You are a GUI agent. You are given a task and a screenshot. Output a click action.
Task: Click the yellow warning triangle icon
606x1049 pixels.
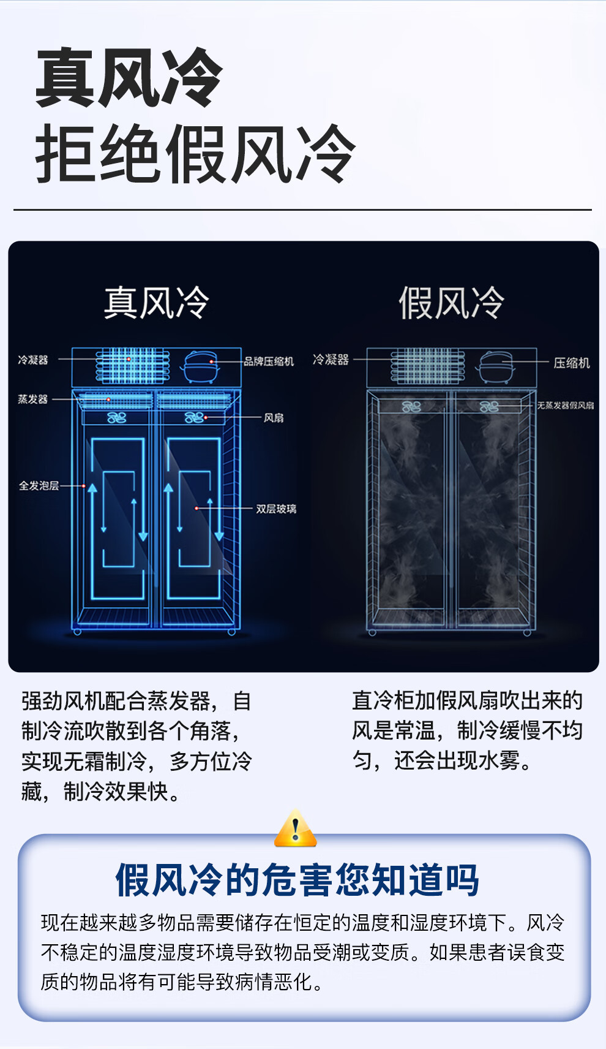[296, 830]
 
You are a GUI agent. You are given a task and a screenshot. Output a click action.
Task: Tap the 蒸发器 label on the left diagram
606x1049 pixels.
[32, 400]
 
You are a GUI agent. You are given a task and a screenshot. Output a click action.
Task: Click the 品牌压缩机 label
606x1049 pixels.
[269, 362]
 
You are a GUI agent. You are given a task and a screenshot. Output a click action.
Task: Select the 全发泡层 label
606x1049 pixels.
[39, 486]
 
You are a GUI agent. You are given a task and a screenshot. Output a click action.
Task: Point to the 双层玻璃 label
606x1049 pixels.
[276, 509]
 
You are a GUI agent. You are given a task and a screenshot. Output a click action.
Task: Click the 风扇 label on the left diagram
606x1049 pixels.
[274, 418]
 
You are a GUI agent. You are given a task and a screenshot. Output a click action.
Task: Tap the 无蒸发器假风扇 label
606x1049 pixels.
[565, 406]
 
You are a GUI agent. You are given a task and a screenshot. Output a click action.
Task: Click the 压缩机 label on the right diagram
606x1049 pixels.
[572, 363]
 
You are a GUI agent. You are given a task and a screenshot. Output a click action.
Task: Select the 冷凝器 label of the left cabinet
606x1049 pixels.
[32, 360]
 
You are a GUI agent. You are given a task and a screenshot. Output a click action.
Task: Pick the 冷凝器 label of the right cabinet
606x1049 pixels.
[331, 360]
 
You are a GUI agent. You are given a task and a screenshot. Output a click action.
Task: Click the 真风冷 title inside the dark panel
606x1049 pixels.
[156, 303]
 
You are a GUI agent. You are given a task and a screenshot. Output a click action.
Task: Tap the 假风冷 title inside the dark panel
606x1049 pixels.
[451, 303]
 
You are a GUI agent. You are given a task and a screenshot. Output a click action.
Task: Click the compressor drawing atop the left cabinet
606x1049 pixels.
[201, 366]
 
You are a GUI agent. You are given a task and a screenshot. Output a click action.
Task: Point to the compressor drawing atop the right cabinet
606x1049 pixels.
[496, 366]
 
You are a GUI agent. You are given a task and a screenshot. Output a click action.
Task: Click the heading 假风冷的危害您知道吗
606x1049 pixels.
[297, 880]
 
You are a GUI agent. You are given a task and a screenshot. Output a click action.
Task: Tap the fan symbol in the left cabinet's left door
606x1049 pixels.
[116, 418]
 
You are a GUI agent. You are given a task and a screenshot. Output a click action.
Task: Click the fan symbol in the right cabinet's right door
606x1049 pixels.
[488, 406]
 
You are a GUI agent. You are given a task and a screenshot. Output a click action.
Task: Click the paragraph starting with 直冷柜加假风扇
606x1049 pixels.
[467, 730]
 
